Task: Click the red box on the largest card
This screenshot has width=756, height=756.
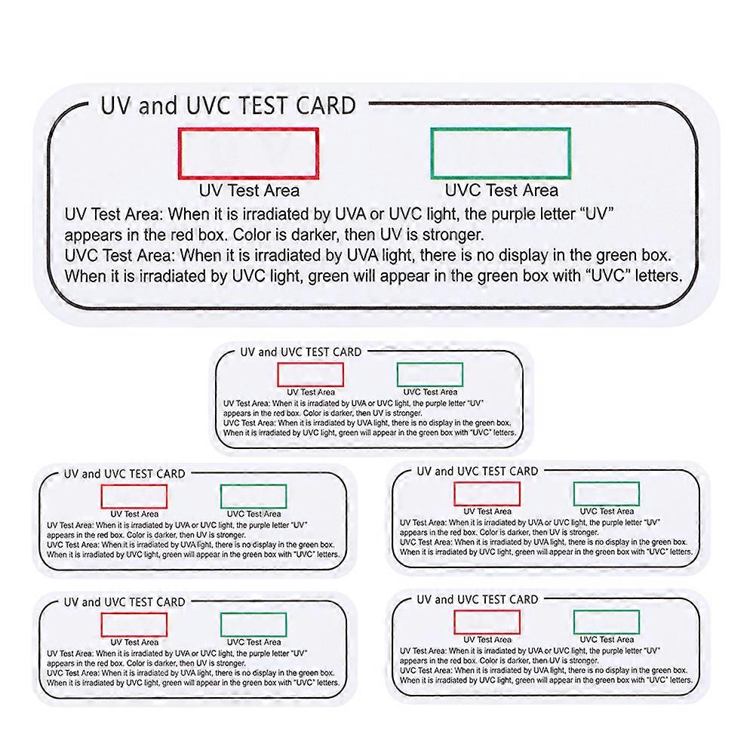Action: (x=248, y=153)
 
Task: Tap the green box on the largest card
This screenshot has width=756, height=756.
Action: (x=500, y=153)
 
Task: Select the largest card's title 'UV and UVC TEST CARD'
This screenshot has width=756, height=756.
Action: (x=228, y=106)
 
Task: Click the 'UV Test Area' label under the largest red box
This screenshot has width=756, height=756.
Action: (x=249, y=190)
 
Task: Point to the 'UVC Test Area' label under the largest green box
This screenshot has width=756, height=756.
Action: (x=502, y=190)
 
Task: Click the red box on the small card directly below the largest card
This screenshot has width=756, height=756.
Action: (x=310, y=375)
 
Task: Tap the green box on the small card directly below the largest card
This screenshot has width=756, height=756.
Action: (x=430, y=375)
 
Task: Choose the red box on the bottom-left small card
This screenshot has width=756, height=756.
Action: (x=134, y=625)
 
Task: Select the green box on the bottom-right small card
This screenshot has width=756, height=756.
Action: (x=607, y=622)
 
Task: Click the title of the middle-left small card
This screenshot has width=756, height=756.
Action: (x=124, y=474)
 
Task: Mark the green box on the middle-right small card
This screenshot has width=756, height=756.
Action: (x=607, y=493)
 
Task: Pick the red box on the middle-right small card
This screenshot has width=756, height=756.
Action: (x=487, y=493)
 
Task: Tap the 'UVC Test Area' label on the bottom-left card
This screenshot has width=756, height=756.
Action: (x=254, y=642)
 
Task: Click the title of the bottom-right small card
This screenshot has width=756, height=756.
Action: (x=478, y=599)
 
